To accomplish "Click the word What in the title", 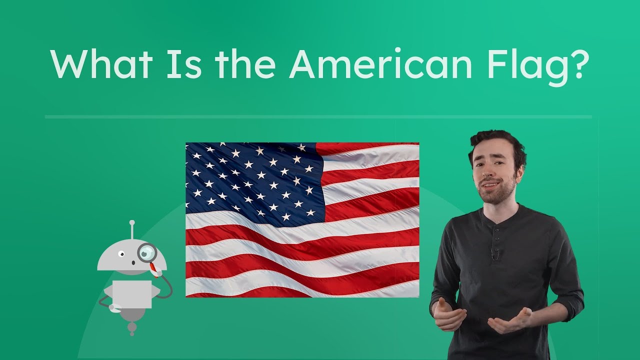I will point(100,64).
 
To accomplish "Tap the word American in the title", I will point(380,64).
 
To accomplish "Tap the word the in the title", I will point(245,64).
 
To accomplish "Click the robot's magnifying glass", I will point(147,252).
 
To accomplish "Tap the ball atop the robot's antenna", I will point(132,222).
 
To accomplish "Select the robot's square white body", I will point(131,293).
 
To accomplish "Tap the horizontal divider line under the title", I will point(318,117).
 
